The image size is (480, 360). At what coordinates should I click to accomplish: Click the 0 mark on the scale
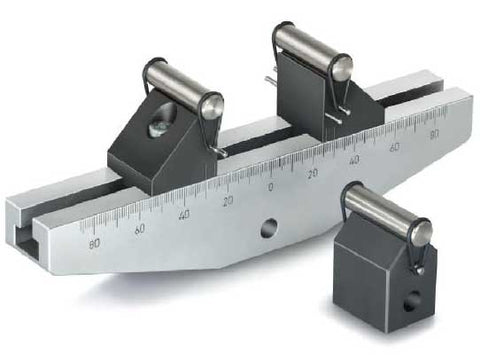pyautogui.click(x=270, y=187)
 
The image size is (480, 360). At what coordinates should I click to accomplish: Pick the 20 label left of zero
pyautogui.click(x=228, y=201)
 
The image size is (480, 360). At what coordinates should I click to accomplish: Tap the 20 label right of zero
pyautogui.click(x=313, y=173)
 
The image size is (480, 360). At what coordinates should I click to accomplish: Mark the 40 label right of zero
pyautogui.click(x=354, y=159)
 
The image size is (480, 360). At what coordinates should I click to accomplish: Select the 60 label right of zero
pyautogui.click(x=395, y=146)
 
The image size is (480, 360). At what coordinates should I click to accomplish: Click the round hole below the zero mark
pyautogui.click(x=268, y=228)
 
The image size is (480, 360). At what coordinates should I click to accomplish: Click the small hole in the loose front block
pyautogui.click(x=411, y=300)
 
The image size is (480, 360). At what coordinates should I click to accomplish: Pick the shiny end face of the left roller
pyautogui.click(x=213, y=106)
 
